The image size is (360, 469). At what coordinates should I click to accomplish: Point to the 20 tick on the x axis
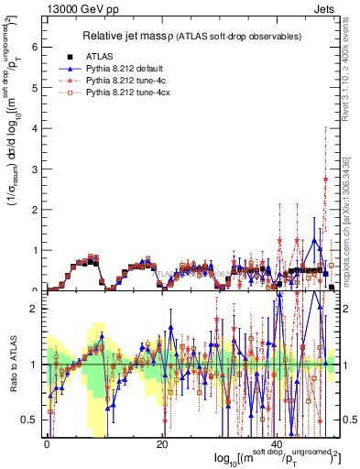tap(162, 442)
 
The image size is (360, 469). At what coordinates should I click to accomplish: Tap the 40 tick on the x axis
tap(278, 442)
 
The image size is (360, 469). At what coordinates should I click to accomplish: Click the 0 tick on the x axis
tap(46, 442)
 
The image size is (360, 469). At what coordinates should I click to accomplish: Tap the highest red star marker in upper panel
tap(325, 180)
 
